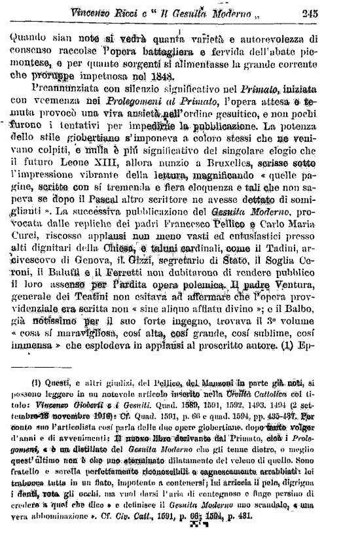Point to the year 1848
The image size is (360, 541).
162,75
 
